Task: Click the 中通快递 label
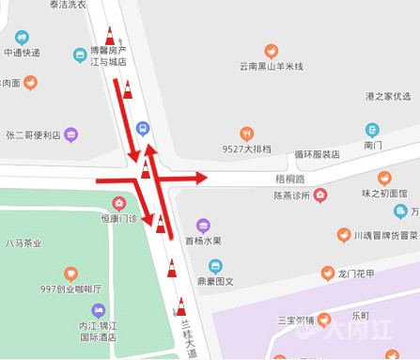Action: click(x=22, y=53)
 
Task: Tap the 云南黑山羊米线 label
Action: click(x=272, y=67)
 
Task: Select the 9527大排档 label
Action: click(x=246, y=149)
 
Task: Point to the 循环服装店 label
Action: click(x=317, y=154)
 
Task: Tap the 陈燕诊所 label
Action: click(x=291, y=196)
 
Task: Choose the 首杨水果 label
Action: click(x=202, y=241)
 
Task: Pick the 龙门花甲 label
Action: click(x=356, y=274)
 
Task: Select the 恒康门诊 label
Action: click(x=118, y=218)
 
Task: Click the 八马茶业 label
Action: click(x=23, y=243)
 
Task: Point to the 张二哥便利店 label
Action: click(x=33, y=135)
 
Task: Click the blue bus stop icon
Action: click(x=142, y=128)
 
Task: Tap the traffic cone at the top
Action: click(x=110, y=37)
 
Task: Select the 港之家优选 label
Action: click(x=388, y=97)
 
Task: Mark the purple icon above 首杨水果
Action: click(x=202, y=226)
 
